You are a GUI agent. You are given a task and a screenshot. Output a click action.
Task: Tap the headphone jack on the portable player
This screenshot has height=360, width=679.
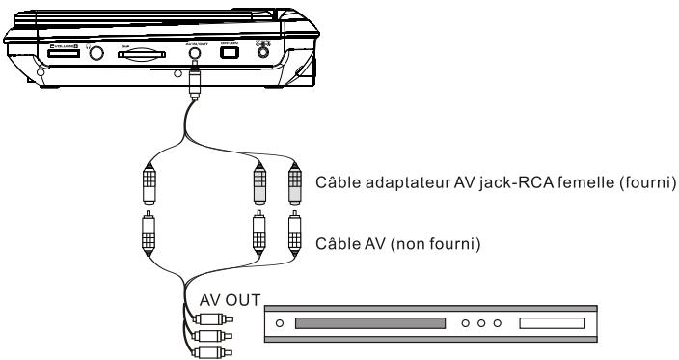pos(96,54)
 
